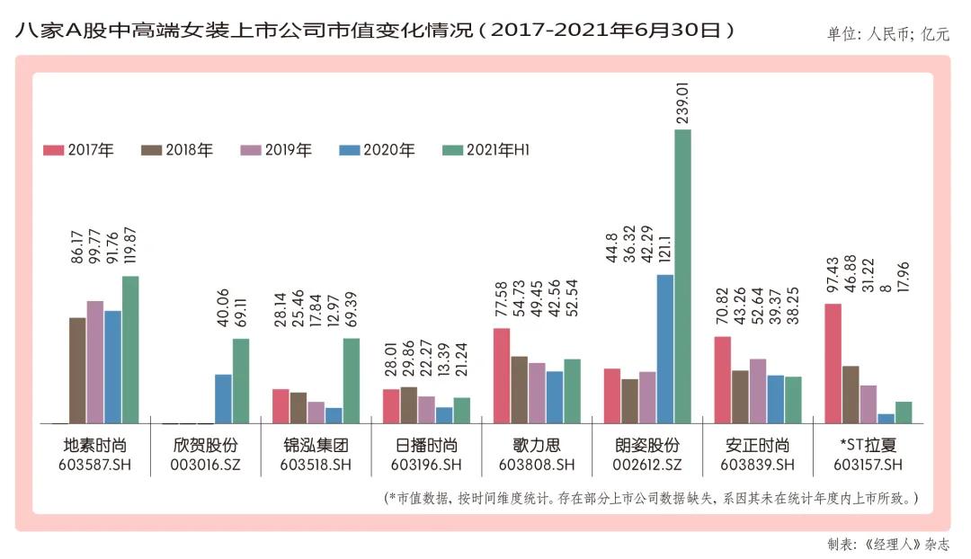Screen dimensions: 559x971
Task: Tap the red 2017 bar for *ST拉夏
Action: point(833,363)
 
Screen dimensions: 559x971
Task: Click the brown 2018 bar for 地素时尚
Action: point(77,369)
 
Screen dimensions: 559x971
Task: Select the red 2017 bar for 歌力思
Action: point(502,375)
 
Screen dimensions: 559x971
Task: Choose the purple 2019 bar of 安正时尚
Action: point(758,391)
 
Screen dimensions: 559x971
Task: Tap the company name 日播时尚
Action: point(427,446)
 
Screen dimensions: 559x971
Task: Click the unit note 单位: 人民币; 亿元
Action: point(887,35)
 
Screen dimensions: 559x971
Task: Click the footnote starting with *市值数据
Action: point(652,497)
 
